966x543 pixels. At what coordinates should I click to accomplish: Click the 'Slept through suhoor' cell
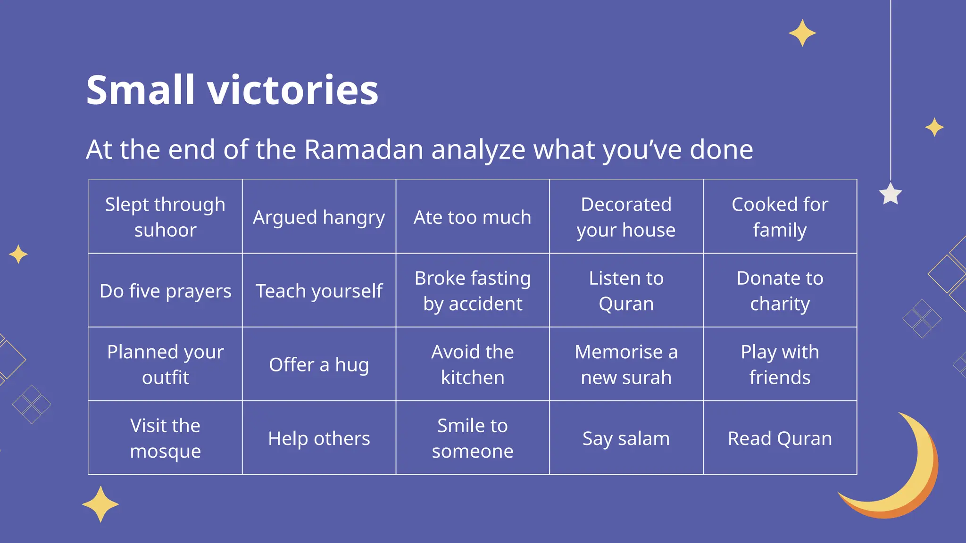165,217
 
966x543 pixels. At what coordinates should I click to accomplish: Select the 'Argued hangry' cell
319,217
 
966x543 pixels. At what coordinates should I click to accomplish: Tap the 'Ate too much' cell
472,217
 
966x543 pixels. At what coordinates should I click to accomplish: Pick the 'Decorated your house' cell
626,217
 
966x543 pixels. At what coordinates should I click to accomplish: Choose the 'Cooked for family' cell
780,217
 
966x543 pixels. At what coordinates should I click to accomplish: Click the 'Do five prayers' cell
165,291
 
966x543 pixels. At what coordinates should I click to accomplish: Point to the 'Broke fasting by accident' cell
472,291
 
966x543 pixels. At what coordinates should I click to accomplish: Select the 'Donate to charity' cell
780,291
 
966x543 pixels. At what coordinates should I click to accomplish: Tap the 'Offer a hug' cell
319,364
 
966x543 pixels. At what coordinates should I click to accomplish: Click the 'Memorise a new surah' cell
626,364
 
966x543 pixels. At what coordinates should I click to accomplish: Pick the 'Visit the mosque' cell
165,438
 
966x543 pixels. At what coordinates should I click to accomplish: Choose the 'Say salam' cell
626,438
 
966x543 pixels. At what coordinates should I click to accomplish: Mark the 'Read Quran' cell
780,438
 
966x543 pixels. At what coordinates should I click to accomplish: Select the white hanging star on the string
891,194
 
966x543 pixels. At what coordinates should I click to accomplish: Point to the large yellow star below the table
100,504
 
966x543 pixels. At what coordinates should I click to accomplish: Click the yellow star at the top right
802,33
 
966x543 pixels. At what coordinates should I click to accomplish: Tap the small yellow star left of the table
18,254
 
